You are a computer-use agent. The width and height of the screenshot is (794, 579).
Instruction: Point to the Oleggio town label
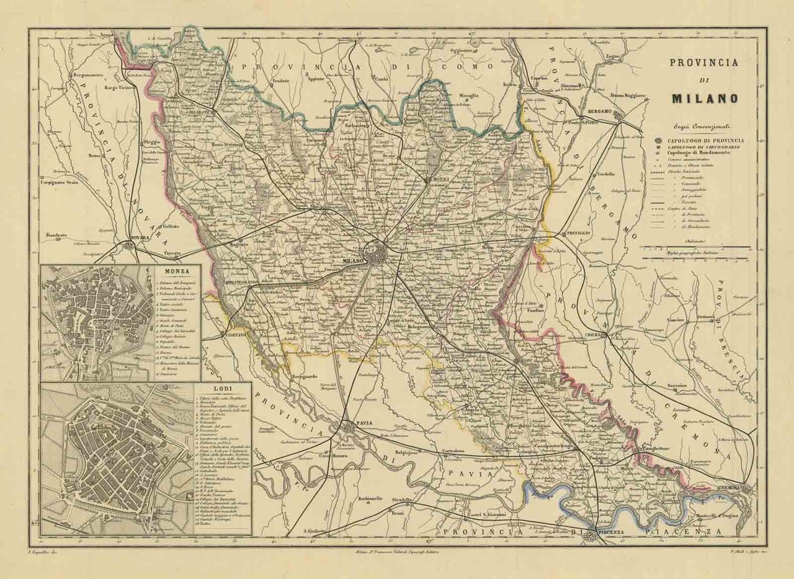pos(151,142)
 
